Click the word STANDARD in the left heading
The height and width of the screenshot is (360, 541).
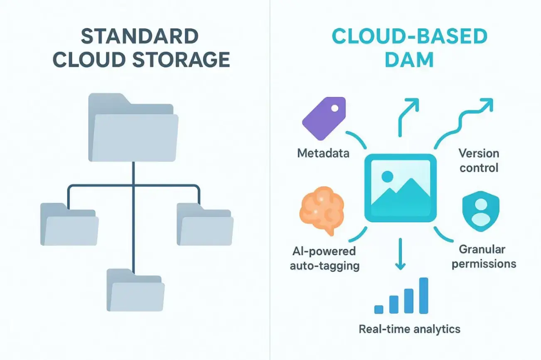coord(140,36)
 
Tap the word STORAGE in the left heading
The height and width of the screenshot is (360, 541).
coord(181,59)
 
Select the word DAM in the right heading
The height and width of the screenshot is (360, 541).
coord(409,59)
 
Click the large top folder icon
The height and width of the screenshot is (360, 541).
coord(133,127)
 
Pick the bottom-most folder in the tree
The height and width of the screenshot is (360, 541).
coord(135,290)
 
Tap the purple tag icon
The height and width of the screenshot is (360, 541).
coord(324,118)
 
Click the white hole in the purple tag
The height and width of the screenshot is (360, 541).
coord(335,108)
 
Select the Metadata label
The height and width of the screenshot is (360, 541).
coord(323,153)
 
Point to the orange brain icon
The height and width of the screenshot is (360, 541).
coord(322,211)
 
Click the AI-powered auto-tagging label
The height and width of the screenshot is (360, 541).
coord(325,259)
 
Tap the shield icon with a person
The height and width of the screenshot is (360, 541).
coord(481,211)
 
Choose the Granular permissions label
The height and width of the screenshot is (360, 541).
coord(484,257)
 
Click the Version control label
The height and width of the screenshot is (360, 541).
coord(479,160)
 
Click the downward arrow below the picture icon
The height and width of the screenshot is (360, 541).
coord(400,254)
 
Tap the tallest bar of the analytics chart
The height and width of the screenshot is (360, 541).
coord(424,296)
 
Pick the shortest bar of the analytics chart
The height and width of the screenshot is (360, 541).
coord(379,310)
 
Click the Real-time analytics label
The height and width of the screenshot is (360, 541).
coord(410,329)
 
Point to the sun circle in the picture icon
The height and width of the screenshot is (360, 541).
coord(387,176)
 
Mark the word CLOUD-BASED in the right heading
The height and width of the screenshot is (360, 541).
coord(410,36)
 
